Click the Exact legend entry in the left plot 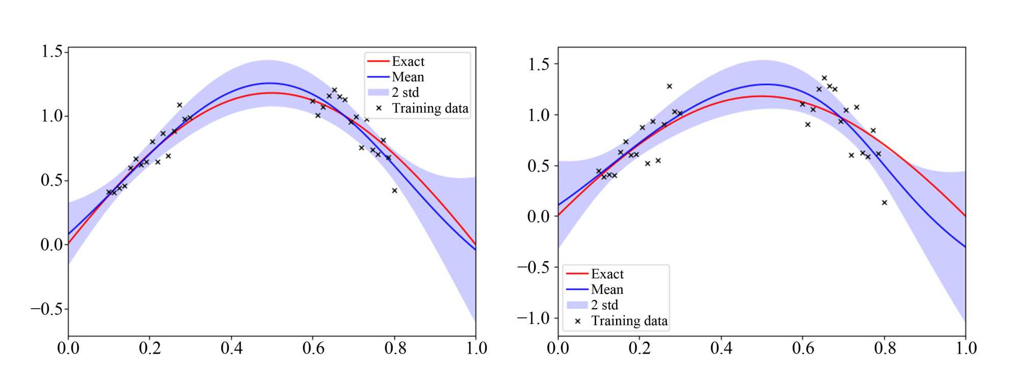tap(407, 62)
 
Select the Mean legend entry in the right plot tap(607, 290)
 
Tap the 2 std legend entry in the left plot tap(405, 93)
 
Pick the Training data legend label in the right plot tap(629, 321)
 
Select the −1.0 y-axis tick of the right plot tap(533, 318)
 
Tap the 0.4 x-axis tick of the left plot tap(232, 348)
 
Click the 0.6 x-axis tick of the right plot tap(803, 348)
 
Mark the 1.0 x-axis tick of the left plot tap(476, 348)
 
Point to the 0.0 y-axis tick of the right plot tap(539, 217)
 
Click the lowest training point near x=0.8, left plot tap(394, 191)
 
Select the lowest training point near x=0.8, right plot tap(884, 203)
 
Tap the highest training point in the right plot tap(824, 78)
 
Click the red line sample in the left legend tap(378, 62)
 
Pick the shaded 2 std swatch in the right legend tap(577, 305)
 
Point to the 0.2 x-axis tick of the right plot tap(640, 348)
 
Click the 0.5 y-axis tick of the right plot tap(539, 166)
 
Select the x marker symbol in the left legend tap(378, 109)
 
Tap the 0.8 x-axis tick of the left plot tap(395, 348)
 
